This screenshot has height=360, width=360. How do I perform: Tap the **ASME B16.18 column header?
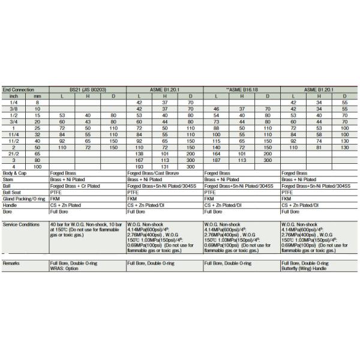[242, 89]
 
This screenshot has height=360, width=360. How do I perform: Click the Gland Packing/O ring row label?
[25, 199]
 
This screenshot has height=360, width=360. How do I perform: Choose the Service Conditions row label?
[22, 223]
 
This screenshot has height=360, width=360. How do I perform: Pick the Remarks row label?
[13, 263]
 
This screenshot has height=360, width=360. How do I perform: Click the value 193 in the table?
[139, 165]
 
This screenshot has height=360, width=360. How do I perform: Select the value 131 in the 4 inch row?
[165, 165]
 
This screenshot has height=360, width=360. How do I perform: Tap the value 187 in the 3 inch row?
[217, 159]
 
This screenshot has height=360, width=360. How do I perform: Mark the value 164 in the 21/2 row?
[217, 153]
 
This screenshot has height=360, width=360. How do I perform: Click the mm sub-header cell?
[37, 95]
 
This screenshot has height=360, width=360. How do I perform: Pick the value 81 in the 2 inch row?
[319, 147]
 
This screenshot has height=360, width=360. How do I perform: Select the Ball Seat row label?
[13, 192]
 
